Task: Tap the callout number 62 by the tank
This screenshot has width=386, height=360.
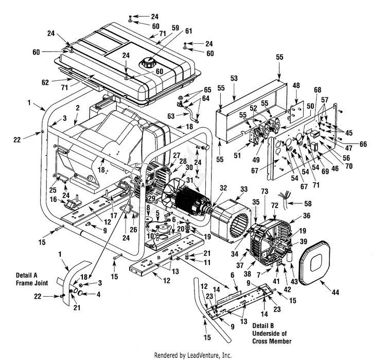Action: [45, 82]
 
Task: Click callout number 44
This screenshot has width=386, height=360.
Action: [336, 293]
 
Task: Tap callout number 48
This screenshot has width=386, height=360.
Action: [296, 85]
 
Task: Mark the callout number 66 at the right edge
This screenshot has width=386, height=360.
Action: [364, 145]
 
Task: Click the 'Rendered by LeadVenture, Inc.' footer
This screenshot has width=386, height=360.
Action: [194, 355]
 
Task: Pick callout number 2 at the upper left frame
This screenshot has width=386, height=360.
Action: [77, 108]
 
